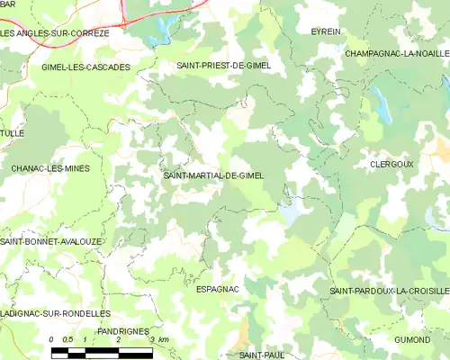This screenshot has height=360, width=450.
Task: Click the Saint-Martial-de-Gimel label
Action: click(213, 175)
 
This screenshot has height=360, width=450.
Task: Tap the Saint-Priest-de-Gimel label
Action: click(223, 66)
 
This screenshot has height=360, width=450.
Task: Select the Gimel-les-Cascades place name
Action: click(85, 67)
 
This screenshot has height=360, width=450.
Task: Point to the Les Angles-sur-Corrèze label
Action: click(55, 33)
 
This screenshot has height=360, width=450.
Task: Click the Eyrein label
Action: click(326, 31)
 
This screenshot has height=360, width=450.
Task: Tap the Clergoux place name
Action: click(391, 165)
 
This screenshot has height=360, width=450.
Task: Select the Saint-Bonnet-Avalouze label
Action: click(50, 242)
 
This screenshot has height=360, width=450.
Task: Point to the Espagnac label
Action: click(217, 289)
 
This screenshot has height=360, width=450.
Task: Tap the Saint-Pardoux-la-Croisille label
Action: click(389, 292)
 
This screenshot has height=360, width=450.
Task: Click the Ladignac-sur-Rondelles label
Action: click(55, 313)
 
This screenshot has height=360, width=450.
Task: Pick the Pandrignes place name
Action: click(121, 331)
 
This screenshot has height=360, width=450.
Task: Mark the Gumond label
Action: click(411, 339)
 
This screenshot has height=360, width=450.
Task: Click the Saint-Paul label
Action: click(262, 355)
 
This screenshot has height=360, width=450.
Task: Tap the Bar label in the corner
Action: click(9, 4)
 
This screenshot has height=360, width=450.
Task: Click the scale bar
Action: click(102, 351)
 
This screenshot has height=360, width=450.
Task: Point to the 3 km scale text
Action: click(158, 339)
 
